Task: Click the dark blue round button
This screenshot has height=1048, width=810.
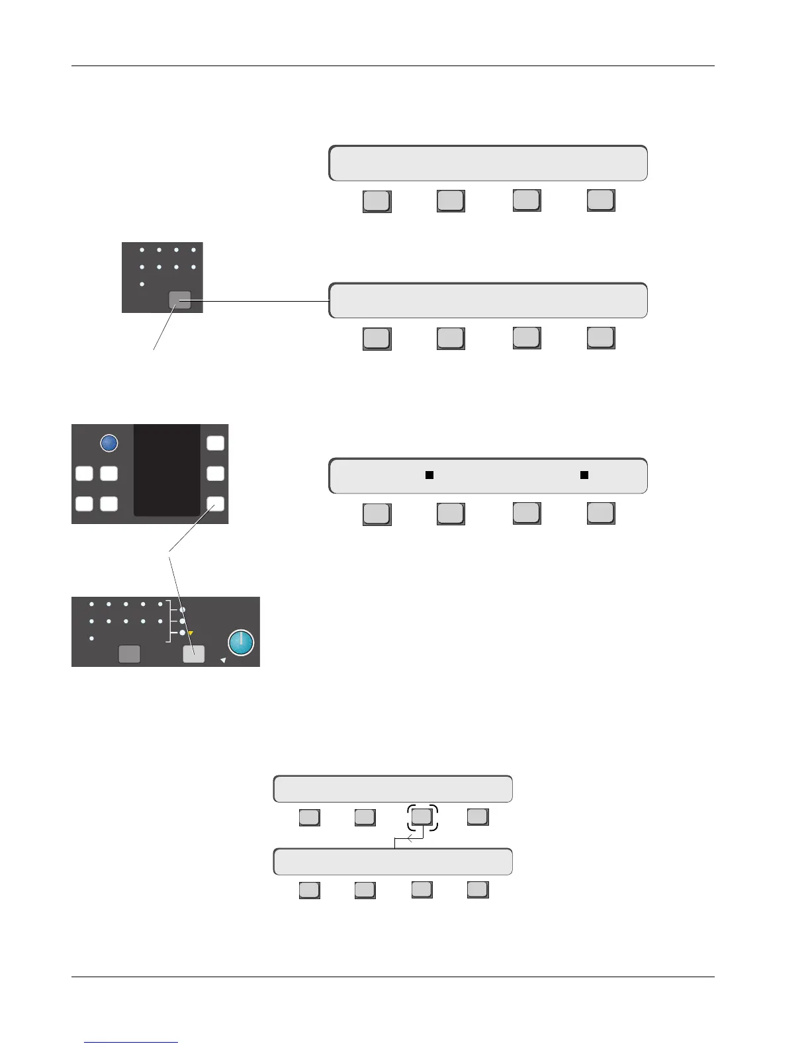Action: pos(109,443)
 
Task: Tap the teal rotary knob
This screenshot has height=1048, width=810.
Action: pos(241,642)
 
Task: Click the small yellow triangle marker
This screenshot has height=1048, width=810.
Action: pos(191,633)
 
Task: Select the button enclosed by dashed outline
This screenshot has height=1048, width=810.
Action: pos(422,817)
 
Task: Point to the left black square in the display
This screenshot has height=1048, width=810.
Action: pos(429,474)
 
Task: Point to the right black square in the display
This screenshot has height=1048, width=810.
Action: pos(584,474)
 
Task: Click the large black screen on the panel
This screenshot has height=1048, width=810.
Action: pos(167,470)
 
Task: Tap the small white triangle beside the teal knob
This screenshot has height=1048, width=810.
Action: pos(223,660)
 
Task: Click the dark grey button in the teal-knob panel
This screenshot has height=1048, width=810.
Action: pos(129,654)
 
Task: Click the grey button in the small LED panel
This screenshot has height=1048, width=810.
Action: pos(180,300)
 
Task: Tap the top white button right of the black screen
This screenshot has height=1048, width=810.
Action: pos(216,443)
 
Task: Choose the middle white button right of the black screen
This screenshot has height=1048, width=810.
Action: pos(216,474)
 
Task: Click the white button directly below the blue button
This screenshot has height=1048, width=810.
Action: pos(109,474)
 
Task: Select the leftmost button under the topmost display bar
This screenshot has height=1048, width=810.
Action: pos(377,201)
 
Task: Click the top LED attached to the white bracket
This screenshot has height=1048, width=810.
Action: pos(183,609)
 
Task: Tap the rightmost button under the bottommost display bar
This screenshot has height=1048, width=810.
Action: pos(478,890)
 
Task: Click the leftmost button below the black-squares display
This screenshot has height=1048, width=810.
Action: pos(377,514)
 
